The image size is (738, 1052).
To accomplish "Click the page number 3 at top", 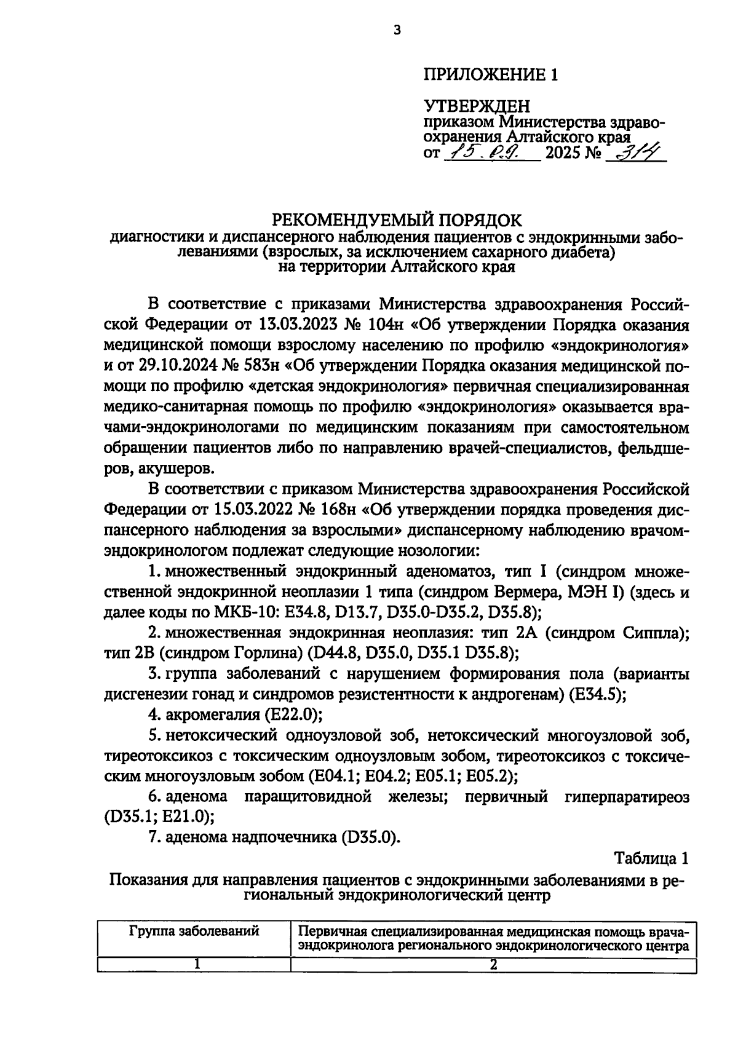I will [397, 30].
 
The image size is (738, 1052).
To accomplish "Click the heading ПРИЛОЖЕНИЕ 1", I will [490, 75].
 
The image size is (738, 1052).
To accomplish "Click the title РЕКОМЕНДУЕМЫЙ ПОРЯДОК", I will [397, 219].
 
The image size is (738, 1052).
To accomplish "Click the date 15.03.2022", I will [254, 510].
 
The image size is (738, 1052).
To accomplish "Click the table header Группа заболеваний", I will [194, 931].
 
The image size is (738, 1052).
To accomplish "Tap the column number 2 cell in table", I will [493, 965].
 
